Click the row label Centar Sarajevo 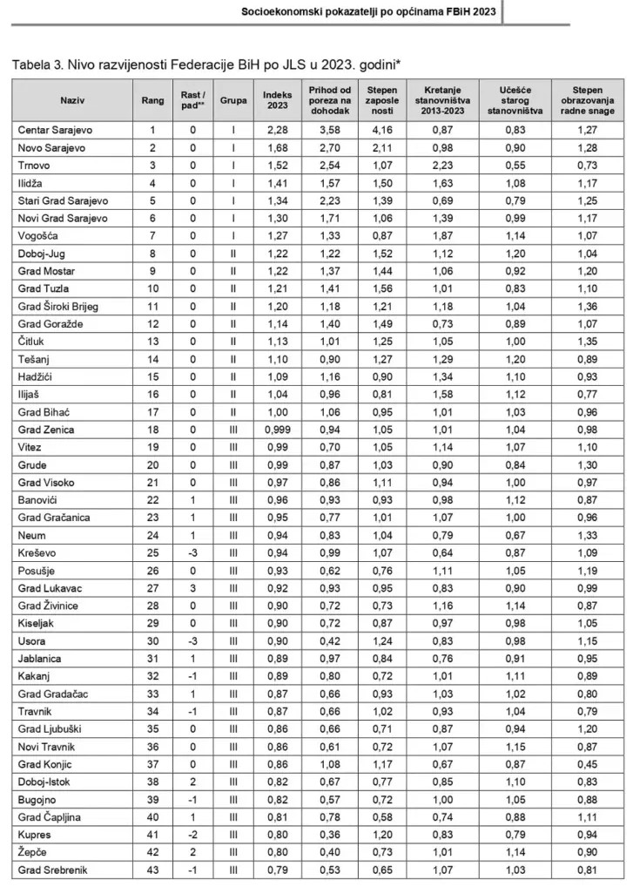tap(56, 130)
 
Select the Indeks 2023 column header tap(276, 100)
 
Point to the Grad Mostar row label tap(47, 272)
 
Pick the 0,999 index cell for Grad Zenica tap(276, 430)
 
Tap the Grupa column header tap(232, 100)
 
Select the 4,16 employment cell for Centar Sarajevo tap(382, 130)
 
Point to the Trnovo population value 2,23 tap(441, 166)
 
